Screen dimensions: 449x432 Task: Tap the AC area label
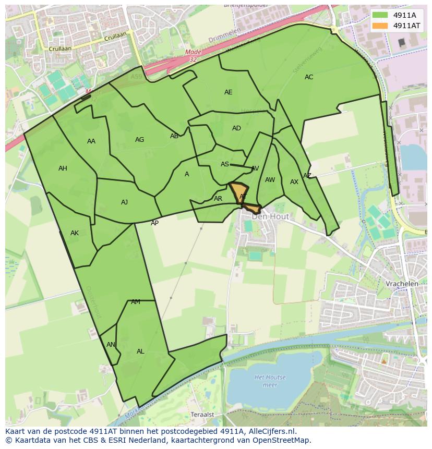309,77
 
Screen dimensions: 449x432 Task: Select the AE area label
228,92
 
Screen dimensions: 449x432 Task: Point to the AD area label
236,128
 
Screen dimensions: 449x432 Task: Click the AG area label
139,140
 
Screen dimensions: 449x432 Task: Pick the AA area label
91,141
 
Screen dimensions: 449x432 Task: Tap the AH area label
63,168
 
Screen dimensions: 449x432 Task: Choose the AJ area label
124,202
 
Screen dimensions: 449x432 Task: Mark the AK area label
75,233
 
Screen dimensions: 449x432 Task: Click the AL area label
140,351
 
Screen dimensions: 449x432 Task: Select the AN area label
111,345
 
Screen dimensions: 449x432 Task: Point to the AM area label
136,302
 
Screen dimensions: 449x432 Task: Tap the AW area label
270,180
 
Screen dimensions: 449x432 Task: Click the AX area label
294,182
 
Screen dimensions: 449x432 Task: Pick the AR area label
218,199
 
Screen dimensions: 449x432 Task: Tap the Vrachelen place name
402,284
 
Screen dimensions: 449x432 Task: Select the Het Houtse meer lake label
270,381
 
